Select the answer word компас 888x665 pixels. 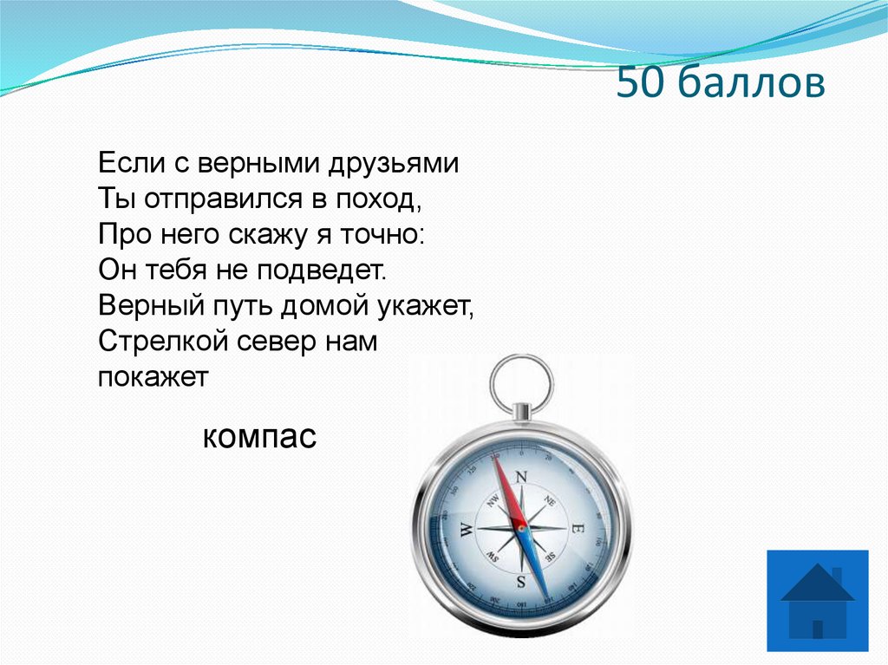pos(260,436)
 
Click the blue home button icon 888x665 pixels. pos(817,600)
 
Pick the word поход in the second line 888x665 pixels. pos(378,199)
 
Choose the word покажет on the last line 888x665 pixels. pos(153,377)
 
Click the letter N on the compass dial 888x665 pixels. pos(521,476)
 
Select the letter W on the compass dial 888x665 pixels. pos(466,529)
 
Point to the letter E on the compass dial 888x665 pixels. pos(578,528)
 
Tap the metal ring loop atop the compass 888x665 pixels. pos(520,381)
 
